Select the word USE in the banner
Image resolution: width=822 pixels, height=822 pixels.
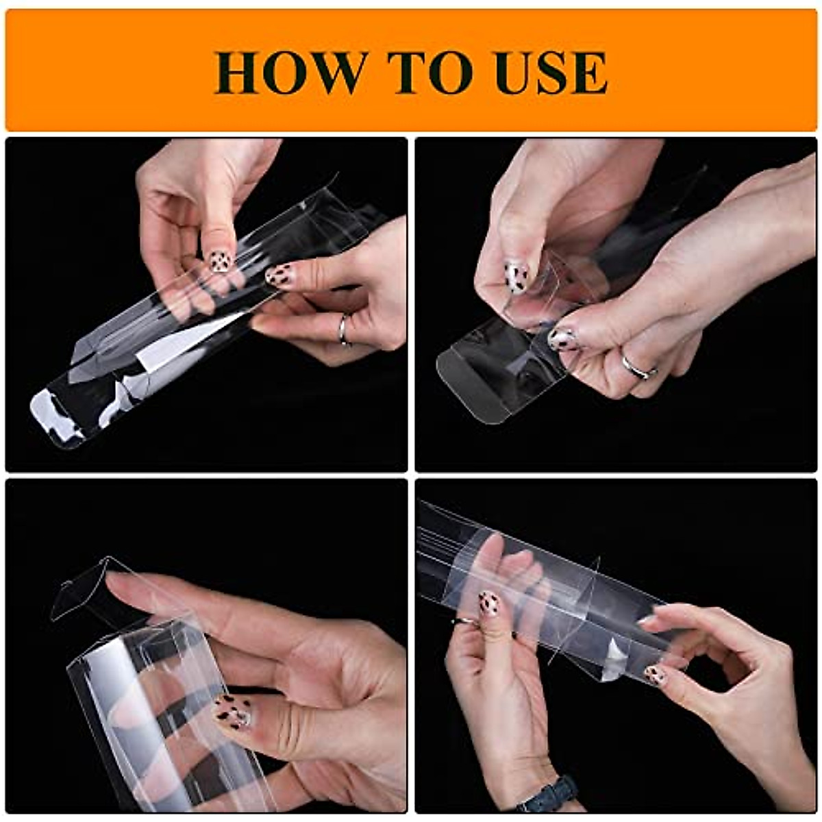(551, 72)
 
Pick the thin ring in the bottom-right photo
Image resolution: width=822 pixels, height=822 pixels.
(465, 621)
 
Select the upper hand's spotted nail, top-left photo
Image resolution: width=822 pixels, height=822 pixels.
(220, 261)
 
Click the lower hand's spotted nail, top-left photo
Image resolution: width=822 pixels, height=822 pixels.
(279, 275)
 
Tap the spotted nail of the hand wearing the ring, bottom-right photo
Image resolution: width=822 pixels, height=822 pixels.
(488, 603)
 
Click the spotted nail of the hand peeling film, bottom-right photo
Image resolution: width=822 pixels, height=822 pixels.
(655, 675)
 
